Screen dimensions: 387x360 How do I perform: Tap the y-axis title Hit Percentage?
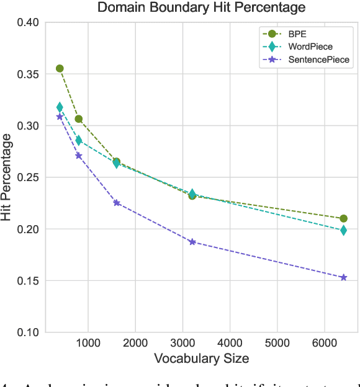click(x=8, y=177)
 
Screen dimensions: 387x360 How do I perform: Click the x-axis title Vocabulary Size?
click(x=201, y=358)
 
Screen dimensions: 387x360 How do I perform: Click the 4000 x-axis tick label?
click(x=230, y=342)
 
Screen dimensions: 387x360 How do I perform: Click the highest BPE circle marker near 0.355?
click(x=60, y=68)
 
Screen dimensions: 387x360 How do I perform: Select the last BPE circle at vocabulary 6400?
click(x=343, y=218)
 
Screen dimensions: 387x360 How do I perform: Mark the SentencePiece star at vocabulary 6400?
click(x=343, y=277)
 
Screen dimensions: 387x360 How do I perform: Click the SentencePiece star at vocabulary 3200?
click(x=192, y=242)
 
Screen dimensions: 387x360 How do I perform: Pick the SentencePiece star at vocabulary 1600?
click(x=116, y=203)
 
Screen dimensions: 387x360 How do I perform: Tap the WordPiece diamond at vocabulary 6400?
click(x=343, y=230)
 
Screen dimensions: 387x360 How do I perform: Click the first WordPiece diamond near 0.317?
click(x=60, y=107)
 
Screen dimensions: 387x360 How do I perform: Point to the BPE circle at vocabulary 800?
click(x=78, y=118)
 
